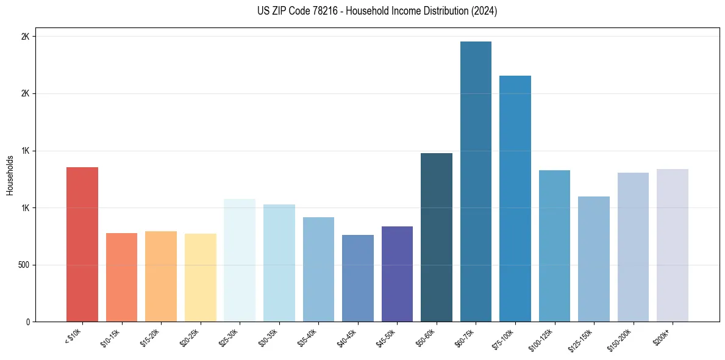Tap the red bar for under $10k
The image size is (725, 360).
82,244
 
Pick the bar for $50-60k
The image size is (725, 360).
437,237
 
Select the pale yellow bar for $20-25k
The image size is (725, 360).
201,278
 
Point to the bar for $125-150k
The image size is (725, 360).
593,259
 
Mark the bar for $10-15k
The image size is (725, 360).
122,278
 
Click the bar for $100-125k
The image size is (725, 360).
554,246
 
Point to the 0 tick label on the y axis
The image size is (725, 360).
27,322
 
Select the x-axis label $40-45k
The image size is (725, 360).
348,337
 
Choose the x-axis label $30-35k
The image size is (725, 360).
270,337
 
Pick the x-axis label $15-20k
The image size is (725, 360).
151,337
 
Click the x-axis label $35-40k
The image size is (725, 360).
309,337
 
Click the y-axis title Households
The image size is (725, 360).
10,175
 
